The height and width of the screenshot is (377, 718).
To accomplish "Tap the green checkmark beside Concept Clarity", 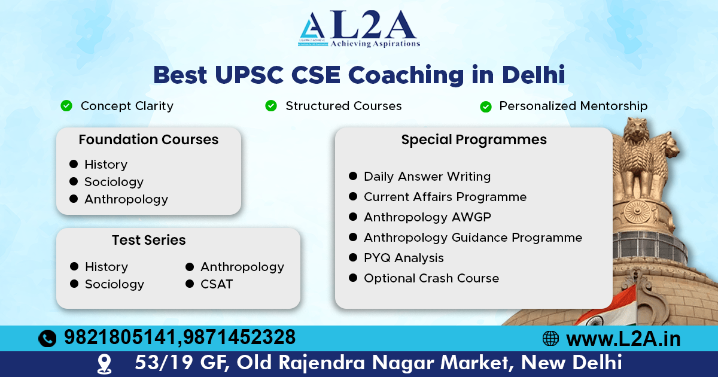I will point(66,106).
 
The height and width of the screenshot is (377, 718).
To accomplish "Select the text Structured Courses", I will point(343,106).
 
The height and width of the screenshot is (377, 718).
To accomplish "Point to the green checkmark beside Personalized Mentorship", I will point(486,107).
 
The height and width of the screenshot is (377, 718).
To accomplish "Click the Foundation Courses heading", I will point(148,140).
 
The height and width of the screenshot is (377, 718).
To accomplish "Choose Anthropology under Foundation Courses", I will point(126,199).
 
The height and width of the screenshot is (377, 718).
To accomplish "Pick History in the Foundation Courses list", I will point(105,165).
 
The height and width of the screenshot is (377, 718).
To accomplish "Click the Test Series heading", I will point(148,241).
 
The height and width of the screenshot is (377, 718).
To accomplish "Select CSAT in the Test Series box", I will point(216,284).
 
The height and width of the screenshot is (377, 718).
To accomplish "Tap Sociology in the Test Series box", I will point(114,284).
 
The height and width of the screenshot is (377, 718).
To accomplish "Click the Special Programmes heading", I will point(474,140).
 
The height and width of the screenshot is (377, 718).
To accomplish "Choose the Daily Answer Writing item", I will point(427,177).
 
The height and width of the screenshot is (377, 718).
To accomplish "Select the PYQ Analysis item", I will point(403,258).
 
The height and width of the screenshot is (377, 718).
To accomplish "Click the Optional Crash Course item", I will point(431,278).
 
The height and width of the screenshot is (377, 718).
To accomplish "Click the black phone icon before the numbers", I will point(47,339).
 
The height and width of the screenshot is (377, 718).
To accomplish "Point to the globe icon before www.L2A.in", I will point(550,339).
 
